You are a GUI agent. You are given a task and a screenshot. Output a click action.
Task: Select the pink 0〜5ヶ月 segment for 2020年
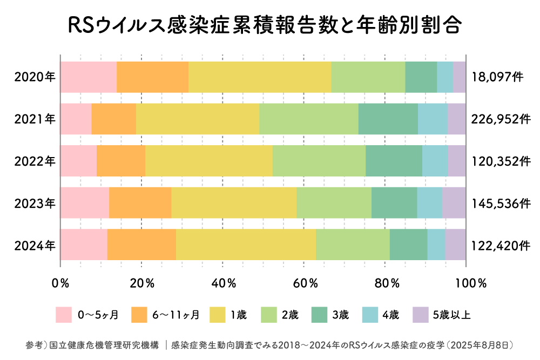88,77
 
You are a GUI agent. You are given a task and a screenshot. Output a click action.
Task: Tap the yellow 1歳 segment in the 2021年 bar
197,119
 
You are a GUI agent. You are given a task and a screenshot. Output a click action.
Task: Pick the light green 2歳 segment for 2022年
319,161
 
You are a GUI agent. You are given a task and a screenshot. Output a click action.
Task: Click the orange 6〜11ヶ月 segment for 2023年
140,203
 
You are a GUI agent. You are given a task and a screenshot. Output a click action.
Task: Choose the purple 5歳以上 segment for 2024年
455,244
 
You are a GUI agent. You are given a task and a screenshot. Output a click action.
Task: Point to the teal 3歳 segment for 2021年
388,119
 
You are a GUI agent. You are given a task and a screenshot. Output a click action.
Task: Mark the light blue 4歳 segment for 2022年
435,161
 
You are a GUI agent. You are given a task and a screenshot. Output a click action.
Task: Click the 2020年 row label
35,77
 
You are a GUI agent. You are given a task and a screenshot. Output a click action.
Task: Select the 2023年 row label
35,203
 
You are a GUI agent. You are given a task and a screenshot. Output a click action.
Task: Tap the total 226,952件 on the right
501,119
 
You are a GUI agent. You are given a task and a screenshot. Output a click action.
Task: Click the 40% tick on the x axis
223,283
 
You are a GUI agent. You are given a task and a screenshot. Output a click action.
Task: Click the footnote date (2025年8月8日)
481,344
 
